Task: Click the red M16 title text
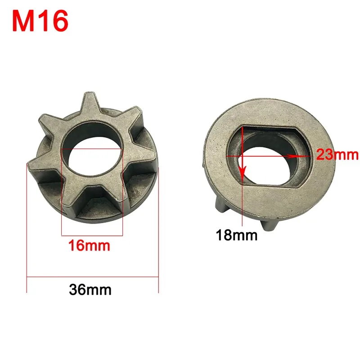pos(41,21)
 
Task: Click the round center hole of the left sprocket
pos(91,153)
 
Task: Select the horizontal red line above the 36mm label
pos(92,275)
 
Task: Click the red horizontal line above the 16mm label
pos(91,234)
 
